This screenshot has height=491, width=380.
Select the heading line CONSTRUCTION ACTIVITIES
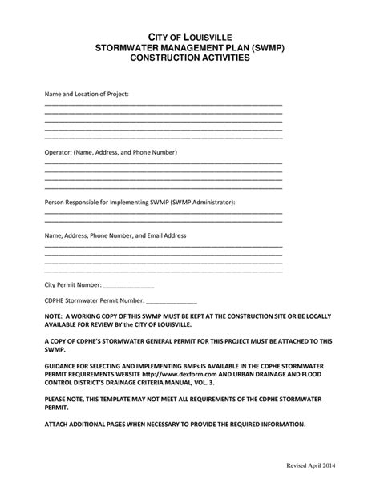pos(190,58)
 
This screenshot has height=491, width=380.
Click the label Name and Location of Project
pos(86,94)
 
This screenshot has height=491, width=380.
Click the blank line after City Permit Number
pos(128,285)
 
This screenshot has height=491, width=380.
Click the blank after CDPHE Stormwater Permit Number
pos(171,302)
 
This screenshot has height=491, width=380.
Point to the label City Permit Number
pos(73,284)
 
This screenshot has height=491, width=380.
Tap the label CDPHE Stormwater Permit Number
pos(94,302)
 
